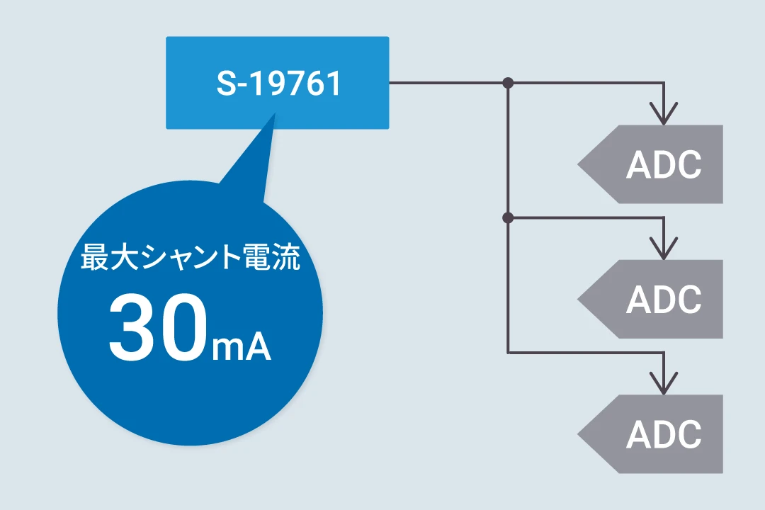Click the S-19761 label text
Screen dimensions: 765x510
tap(278, 84)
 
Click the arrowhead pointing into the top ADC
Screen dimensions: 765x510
tap(664, 114)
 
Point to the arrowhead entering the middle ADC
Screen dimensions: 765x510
tap(664, 249)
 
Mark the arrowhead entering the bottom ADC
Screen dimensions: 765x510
tap(664, 383)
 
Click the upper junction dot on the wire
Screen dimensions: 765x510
tap(508, 83)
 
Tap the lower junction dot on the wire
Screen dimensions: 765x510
tap(508, 217)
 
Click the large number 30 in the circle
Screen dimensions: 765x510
tap(157, 327)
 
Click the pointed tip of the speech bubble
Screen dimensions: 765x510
tap(275, 113)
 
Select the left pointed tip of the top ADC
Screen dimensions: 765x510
tap(578, 164)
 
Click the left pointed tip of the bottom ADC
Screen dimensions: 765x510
tap(578, 434)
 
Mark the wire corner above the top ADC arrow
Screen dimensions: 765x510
tap(664, 83)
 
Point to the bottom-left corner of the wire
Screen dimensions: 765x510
tap(508, 352)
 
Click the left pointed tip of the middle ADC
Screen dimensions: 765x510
tap(578, 299)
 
